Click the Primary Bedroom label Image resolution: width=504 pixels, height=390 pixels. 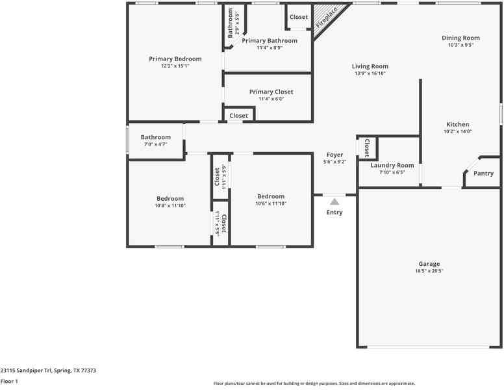pos(175,58)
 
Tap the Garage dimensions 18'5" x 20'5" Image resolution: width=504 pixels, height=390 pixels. pos(429,270)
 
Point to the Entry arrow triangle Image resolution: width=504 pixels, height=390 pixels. pos(334,201)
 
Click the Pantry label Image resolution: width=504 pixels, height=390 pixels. pos(483,174)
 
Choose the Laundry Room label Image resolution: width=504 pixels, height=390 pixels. pos(392,166)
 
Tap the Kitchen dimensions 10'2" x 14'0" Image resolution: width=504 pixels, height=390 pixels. pos(457,131)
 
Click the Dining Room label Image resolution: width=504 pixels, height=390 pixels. pos(460,38)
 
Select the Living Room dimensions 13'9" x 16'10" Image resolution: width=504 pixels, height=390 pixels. pos(370,73)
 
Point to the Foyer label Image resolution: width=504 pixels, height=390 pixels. pos(334,155)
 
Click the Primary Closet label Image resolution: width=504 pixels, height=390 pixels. pos(271,92)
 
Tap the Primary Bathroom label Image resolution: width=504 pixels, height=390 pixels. pos(270,40)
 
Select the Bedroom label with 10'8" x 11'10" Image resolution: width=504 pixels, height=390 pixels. pos(170,198)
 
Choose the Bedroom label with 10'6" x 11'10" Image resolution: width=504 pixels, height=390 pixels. pos(271,196)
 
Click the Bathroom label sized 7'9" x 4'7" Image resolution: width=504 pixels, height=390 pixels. pos(156,137)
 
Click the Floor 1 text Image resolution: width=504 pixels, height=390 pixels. pos(9,382)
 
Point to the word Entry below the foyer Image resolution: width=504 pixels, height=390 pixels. pos(334,213)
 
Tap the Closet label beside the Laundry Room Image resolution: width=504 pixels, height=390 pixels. pos(367,148)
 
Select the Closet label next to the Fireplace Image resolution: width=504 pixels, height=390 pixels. pos(299,17)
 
